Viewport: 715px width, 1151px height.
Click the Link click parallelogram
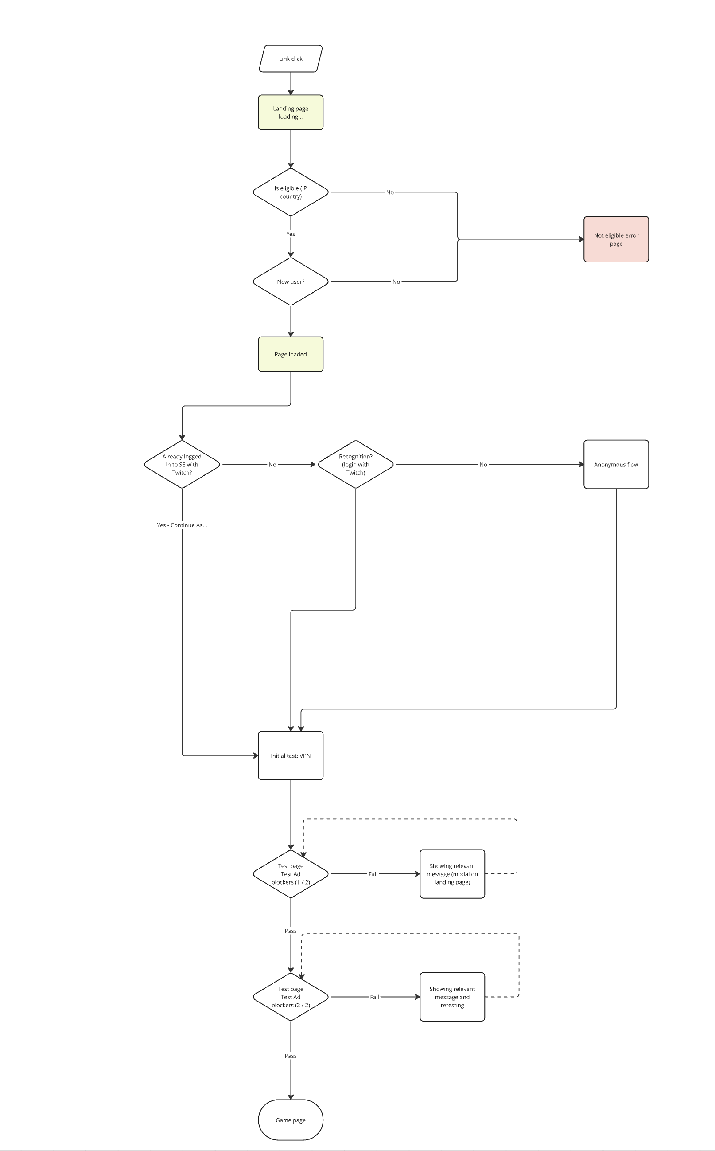coord(290,59)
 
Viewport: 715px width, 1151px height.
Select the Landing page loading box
coord(290,113)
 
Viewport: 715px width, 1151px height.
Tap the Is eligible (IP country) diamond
coord(290,192)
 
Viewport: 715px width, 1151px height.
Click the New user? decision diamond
coord(290,282)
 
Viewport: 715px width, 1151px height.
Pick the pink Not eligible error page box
coord(616,239)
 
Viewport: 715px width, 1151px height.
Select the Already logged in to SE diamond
coord(182,464)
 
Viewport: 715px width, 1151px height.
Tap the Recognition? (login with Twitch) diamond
coord(356,464)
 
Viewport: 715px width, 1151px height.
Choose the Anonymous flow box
coord(616,464)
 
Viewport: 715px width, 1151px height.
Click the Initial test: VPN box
coord(290,756)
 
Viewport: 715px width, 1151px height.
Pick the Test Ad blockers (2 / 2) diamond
coord(290,997)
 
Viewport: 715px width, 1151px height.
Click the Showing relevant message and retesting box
coord(452,997)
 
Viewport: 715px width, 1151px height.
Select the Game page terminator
coord(290,1120)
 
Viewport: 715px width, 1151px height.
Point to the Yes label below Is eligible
coord(290,234)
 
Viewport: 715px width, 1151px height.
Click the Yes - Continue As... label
coord(182,525)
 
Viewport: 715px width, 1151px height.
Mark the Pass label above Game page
coord(290,1056)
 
